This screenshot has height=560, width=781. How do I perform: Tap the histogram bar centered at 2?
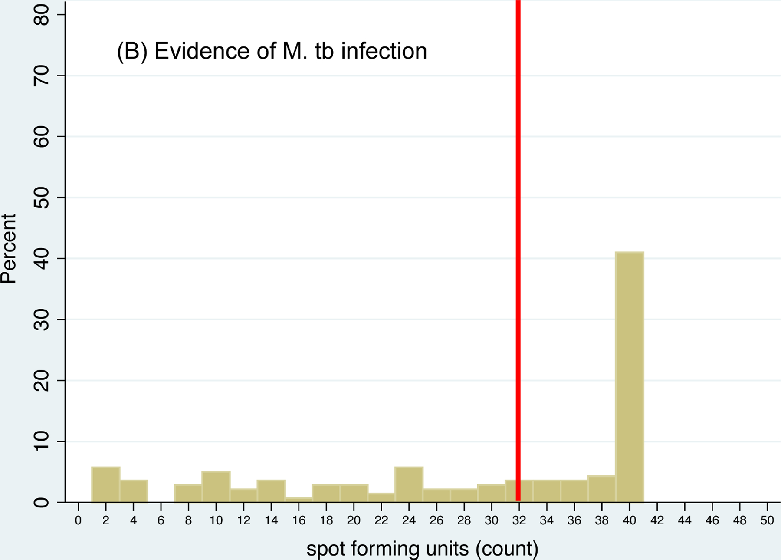[x=106, y=484]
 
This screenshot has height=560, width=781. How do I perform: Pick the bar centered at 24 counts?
[x=409, y=484]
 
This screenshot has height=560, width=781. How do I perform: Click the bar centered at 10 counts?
[x=216, y=487]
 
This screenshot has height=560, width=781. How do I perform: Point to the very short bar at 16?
[x=299, y=500]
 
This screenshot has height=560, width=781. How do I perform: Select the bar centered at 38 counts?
[x=602, y=489]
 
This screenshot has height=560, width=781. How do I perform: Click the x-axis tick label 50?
[x=767, y=520]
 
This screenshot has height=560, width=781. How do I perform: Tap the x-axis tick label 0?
[x=78, y=520]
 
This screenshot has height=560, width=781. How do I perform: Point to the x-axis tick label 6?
[x=161, y=520]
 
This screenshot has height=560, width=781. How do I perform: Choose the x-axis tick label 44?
[x=684, y=520]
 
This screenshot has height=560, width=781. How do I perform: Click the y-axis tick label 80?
[x=41, y=15]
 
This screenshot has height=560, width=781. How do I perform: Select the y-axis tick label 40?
[x=41, y=258]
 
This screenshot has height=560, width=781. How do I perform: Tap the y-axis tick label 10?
[x=41, y=441]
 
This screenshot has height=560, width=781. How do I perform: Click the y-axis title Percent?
[x=9, y=248]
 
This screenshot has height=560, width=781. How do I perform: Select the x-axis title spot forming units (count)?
[x=422, y=548]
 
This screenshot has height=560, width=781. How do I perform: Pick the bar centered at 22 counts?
[x=381, y=497]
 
